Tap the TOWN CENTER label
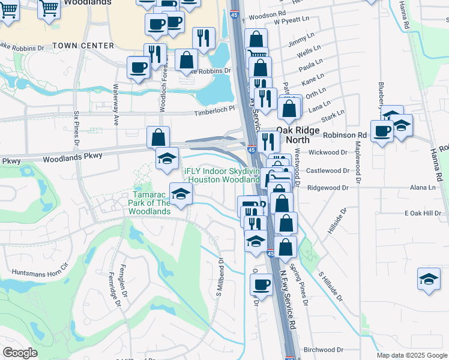[83, 46]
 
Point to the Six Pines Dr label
[76, 128]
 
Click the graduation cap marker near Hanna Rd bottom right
[429, 279]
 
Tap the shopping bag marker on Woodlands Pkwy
[158, 137]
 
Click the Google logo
[20, 353]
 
